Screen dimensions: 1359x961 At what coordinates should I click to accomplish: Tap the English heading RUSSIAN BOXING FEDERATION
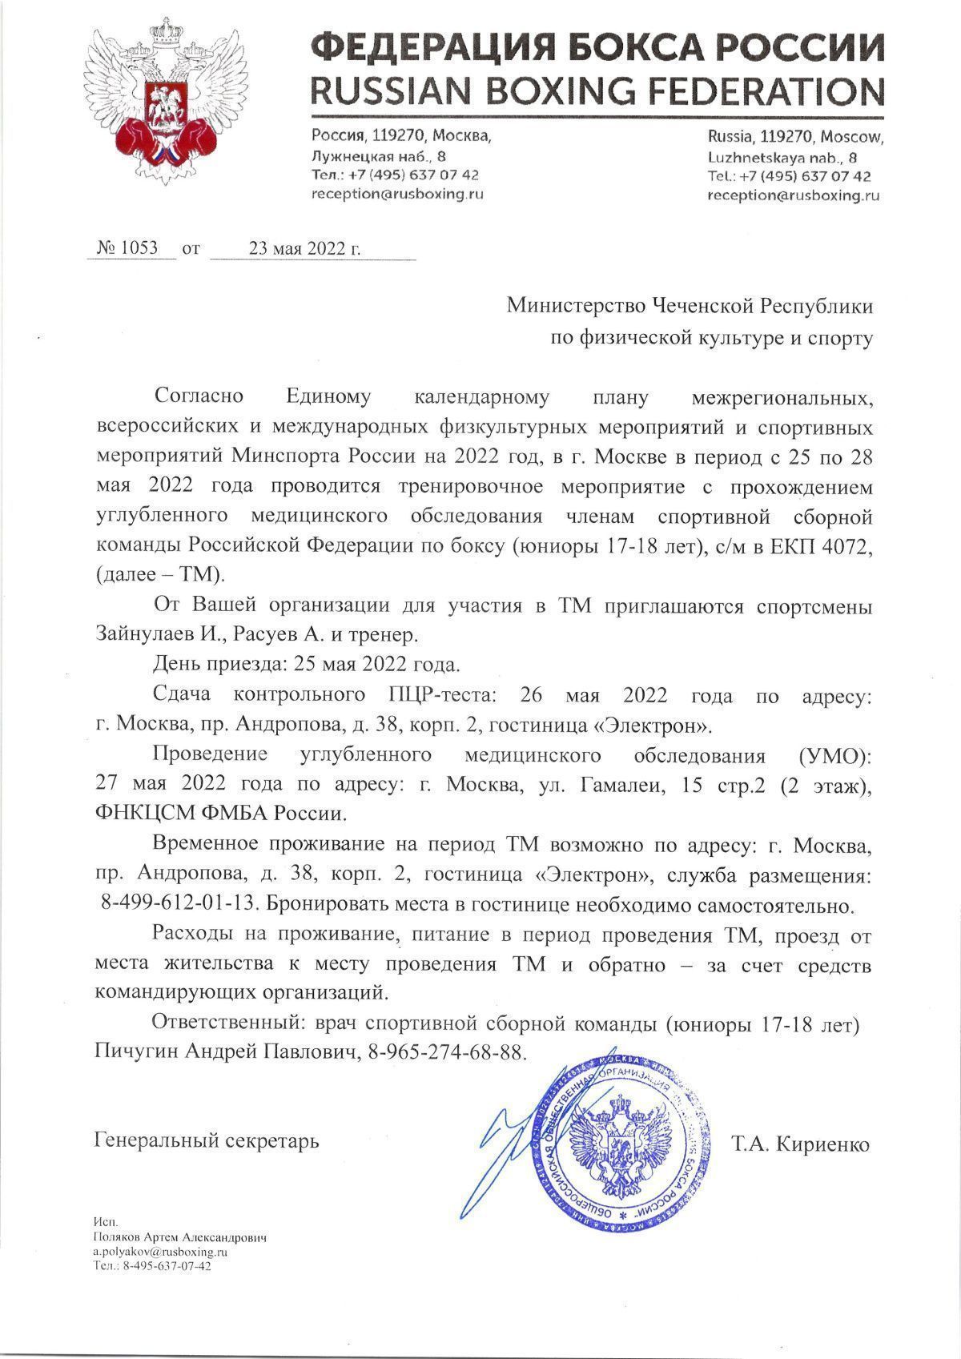(x=597, y=90)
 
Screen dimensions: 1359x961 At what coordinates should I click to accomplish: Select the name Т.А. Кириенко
(x=800, y=1144)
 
